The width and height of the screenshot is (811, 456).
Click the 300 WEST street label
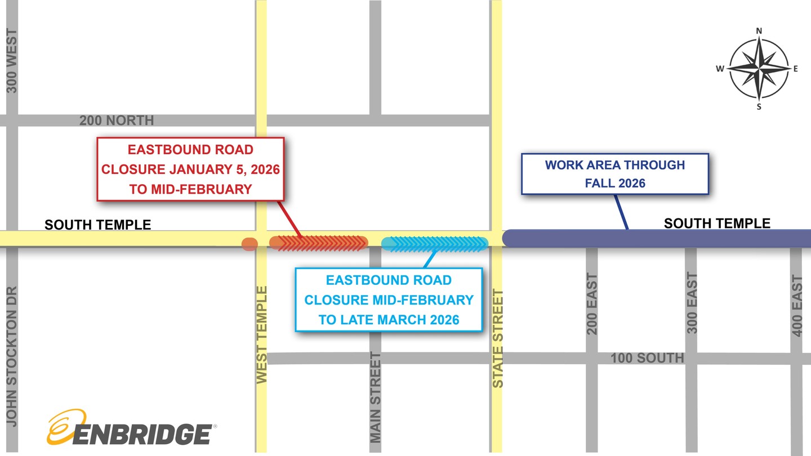(12, 61)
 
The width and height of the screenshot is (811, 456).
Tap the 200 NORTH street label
(116, 120)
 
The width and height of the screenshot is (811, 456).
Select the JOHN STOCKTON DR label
(12, 356)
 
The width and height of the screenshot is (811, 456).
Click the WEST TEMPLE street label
(262, 335)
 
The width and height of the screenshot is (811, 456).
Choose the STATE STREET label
(498, 338)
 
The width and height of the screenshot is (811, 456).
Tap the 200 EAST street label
(591, 304)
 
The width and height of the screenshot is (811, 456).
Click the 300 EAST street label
(692, 303)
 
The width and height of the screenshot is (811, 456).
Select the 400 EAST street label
(797, 306)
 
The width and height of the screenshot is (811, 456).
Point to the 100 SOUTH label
(647, 358)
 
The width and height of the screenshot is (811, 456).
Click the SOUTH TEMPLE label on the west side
(98, 225)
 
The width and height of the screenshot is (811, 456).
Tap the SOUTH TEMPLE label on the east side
(717, 223)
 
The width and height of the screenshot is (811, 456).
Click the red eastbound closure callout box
(190, 169)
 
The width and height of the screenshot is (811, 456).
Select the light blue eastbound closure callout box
(389, 299)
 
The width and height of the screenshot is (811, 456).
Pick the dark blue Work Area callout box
(614, 174)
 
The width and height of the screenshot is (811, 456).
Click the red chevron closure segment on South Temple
(319, 243)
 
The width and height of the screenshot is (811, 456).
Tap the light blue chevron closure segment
(434, 244)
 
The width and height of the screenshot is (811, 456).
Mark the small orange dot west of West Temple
(249, 244)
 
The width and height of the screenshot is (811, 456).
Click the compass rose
(759, 69)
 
